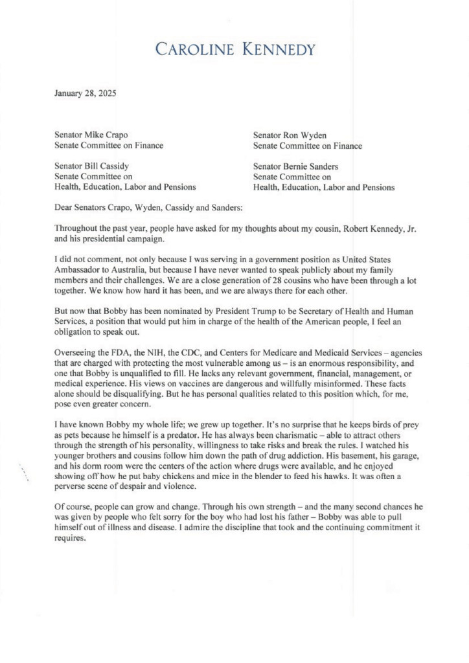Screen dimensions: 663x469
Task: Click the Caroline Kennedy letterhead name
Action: pyautogui.click(x=234, y=50)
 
